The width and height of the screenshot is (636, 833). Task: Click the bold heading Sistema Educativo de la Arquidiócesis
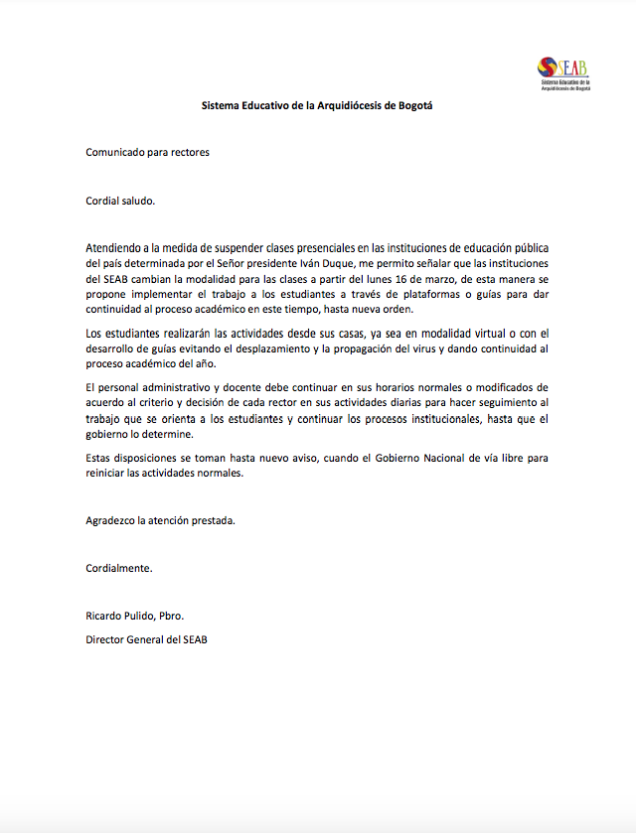(317, 105)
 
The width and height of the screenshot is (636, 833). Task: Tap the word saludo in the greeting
(138, 200)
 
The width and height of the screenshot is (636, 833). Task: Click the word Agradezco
(111, 520)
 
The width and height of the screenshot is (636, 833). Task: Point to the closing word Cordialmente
(119, 568)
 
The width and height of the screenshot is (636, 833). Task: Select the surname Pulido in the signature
(139, 616)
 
